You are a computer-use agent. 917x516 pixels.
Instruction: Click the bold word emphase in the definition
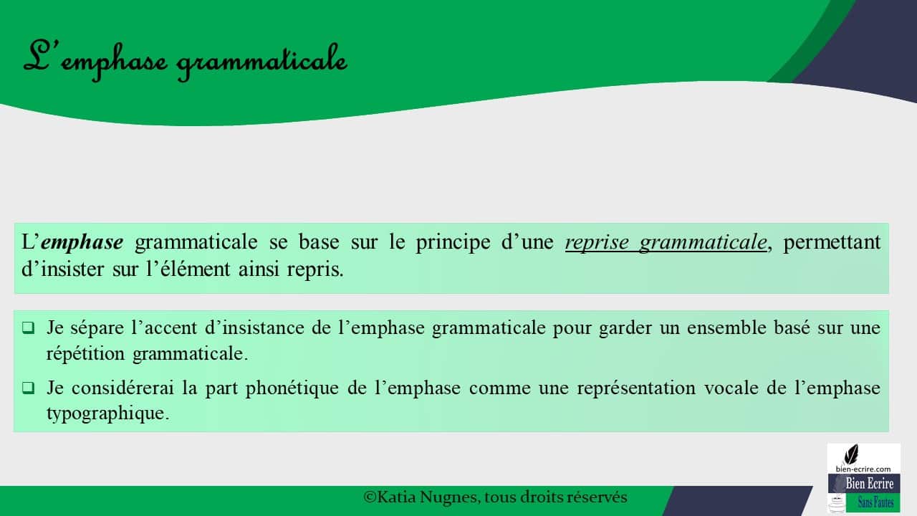(x=82, y=243)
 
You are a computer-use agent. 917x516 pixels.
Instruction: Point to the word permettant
(x=832, y=243)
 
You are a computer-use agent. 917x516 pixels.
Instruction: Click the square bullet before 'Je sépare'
(x=28, y=329)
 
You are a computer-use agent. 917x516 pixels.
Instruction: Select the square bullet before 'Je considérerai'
(x=28, y=388)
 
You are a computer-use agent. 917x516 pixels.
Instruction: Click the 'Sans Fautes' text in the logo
(x=875, y=503)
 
